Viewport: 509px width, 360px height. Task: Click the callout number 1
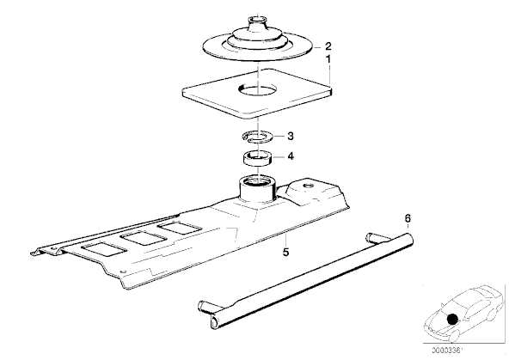click(328, 59)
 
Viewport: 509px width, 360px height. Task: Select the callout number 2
click(328, 46)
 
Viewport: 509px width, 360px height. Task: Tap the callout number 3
click(291, 136)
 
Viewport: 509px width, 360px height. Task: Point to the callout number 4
click(291, 156)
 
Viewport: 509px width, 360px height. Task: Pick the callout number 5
click(285, 252)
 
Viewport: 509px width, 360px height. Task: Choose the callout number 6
click(408, 218)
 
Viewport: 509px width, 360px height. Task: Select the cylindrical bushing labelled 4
click(258, 158)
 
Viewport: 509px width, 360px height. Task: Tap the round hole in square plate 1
click(258, 88)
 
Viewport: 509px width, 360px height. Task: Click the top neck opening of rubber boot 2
click(257, 19)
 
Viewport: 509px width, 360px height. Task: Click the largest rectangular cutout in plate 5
click(103, 250)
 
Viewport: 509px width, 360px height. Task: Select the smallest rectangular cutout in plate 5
click(178, 227)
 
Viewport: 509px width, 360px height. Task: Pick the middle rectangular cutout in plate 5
click(143, 238)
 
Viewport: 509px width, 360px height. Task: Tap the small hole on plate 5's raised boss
click(308, 186)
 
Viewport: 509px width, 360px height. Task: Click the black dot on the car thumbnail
click(452, 319)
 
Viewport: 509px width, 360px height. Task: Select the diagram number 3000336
click(447, 351)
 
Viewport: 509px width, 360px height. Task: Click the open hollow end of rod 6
click(216, 322)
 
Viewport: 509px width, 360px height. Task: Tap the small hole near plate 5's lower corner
click(122, 272)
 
